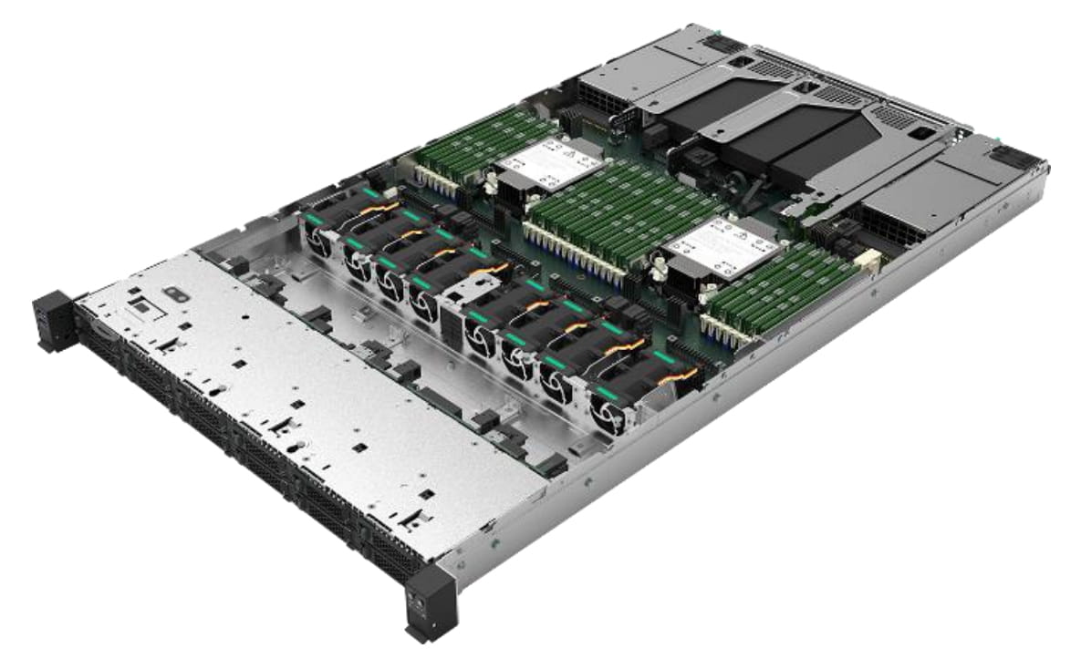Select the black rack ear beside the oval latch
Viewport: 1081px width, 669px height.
click(53, 320)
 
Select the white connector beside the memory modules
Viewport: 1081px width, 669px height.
click(869, 262)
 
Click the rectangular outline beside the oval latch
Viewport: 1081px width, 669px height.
click(141, 309)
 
